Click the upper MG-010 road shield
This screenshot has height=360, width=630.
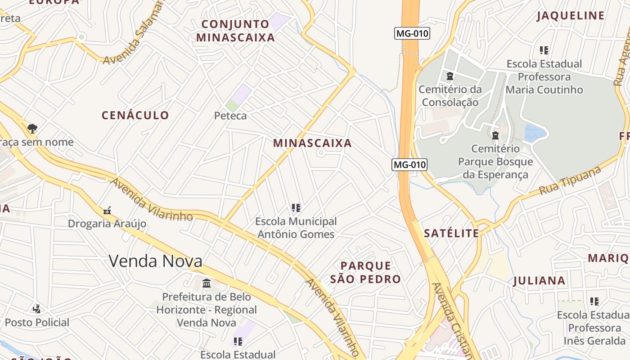412,33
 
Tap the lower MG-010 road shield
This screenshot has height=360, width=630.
409,165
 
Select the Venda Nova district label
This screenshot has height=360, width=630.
155,261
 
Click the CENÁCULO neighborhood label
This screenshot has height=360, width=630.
135,116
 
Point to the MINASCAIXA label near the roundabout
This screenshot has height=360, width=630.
312,144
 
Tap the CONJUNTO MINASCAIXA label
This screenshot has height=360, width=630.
235,31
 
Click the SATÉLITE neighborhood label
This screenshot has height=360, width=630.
451,233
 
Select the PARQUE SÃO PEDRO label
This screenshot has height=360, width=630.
365,272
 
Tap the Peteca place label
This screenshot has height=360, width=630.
230,116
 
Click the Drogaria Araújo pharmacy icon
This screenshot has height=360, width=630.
107,210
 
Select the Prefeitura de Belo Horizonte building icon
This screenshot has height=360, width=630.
207,283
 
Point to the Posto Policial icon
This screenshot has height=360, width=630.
37,309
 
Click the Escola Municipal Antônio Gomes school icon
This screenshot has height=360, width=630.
296,208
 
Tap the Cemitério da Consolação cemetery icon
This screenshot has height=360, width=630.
450,76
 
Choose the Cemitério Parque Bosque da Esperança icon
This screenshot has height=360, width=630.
495,135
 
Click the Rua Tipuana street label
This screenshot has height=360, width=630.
570,180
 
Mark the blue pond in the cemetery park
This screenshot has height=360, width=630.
535,133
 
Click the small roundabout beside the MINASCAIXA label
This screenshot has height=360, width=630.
321,153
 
